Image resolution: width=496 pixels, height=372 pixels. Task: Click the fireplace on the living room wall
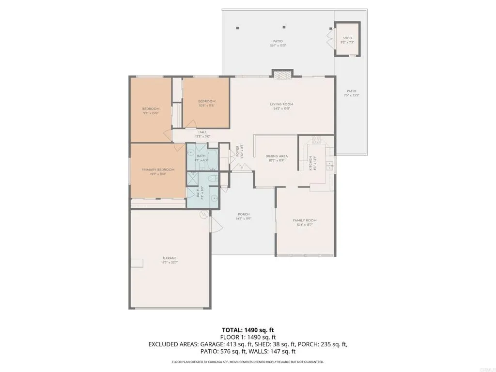pyautogui.click(x=282, y=75)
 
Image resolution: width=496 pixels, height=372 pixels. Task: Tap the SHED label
pyautogui.click(x=347, y=38)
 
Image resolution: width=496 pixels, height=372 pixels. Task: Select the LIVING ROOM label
pyautogui.click(x=281, y=104)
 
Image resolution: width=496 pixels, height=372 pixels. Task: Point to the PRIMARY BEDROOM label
pyautogui.click(x=158, y=170)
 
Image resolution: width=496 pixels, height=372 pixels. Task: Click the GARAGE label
pyautogui.click(x=169, y=258)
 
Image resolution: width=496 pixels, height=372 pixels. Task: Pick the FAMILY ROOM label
pyautogui.click(x=304, y=220)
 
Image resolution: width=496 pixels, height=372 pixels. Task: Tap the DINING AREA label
pyautogui.click(x=277, y=156)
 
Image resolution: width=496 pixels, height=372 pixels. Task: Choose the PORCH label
pyautogui.click(x=243, y=215)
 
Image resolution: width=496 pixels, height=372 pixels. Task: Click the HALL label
pyautogui.click(x=202, y=132)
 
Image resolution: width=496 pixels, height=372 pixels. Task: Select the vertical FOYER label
pyautogui.click(x=238, y=150)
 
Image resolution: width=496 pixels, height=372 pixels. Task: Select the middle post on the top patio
pyautogui.click(x=284, y=28)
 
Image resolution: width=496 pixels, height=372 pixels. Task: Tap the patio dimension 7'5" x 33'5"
pyautogui.click(x=352, y=95)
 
